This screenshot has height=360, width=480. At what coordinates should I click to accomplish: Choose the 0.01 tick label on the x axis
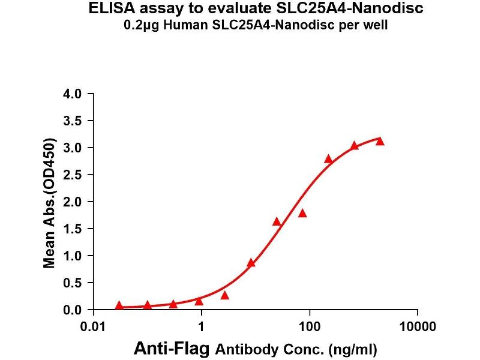93,327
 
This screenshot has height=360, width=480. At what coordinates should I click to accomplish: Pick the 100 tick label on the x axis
309,327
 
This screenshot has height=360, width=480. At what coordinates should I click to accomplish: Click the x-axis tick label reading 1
202,327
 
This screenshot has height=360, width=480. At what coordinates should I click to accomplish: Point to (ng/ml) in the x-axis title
357,349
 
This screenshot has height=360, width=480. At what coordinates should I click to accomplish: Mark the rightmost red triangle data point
379,142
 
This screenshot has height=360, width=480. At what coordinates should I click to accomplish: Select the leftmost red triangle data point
119,305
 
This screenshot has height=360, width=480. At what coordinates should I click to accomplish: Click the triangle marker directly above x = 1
199,301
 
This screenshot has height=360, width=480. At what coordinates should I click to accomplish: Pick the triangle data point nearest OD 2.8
328,159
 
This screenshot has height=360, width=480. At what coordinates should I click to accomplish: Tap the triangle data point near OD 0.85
251,263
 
